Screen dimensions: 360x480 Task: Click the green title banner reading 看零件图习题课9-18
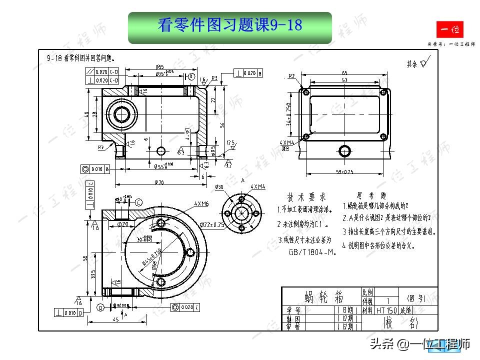[230, 26]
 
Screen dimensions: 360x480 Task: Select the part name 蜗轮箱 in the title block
[320, 298]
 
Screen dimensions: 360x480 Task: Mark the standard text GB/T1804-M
[311, 252]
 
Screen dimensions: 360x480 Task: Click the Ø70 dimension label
[159, 182]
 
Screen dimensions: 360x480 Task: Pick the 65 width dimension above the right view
[344, 73]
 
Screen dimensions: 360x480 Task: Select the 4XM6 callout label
[201, 204]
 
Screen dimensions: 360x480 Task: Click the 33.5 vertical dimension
[94, 275]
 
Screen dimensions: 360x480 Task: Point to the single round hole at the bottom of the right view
[344, 150]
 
